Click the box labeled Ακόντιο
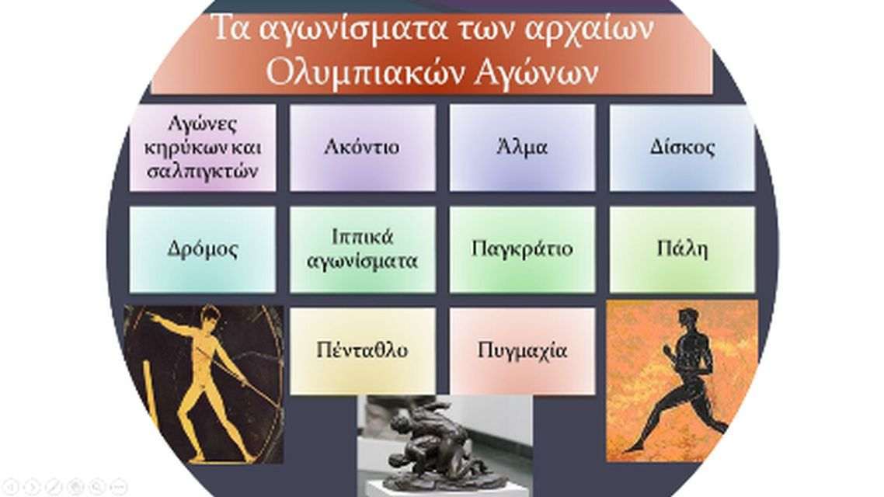point(363,148)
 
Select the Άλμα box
point(522,148)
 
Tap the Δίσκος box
point(682,148)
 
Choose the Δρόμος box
point(203,249)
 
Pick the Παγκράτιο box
point(522,249)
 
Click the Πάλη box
point(682,249)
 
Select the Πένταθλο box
point(363,351)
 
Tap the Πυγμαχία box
point(522,351)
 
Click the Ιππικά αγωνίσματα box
point(363,249)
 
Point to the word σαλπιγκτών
point(203,171)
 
